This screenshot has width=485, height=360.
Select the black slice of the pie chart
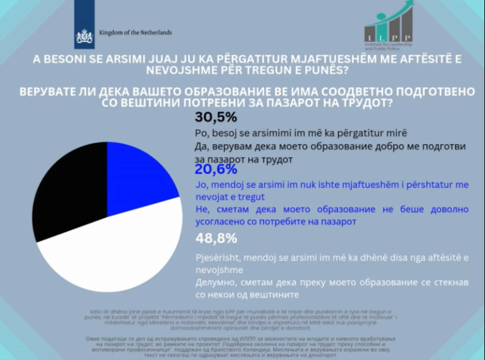66,193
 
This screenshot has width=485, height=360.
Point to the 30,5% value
215,117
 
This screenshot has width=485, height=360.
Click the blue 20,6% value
215,170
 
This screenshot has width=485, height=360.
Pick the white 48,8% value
215,239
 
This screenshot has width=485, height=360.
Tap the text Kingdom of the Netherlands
135,32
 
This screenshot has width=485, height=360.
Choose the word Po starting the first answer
197,133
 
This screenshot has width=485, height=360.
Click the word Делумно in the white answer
214,282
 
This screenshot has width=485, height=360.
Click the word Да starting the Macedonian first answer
197,146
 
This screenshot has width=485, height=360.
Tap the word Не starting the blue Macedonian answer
197,209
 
